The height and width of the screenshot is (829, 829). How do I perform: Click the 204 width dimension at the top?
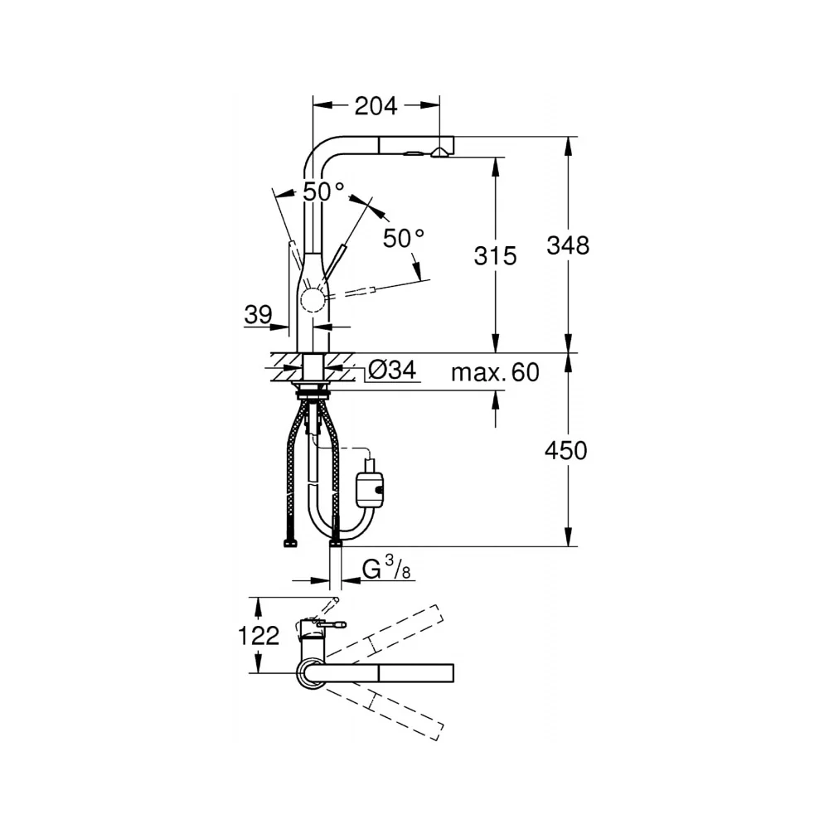[x=376, y=106]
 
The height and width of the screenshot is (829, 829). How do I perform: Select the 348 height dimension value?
[x=568, y=245]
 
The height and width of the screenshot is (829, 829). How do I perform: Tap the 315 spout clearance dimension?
[x=496, y=256]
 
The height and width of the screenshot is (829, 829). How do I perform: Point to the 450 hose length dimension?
[x=566, y=451]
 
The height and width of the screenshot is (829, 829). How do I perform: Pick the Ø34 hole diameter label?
[x=392, y=370]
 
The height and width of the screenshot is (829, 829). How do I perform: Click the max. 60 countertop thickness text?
[x=495, y=372]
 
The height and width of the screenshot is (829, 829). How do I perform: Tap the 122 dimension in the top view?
[x=259, y=635]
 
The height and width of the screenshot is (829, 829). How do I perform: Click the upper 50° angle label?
[x=323, y=191]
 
